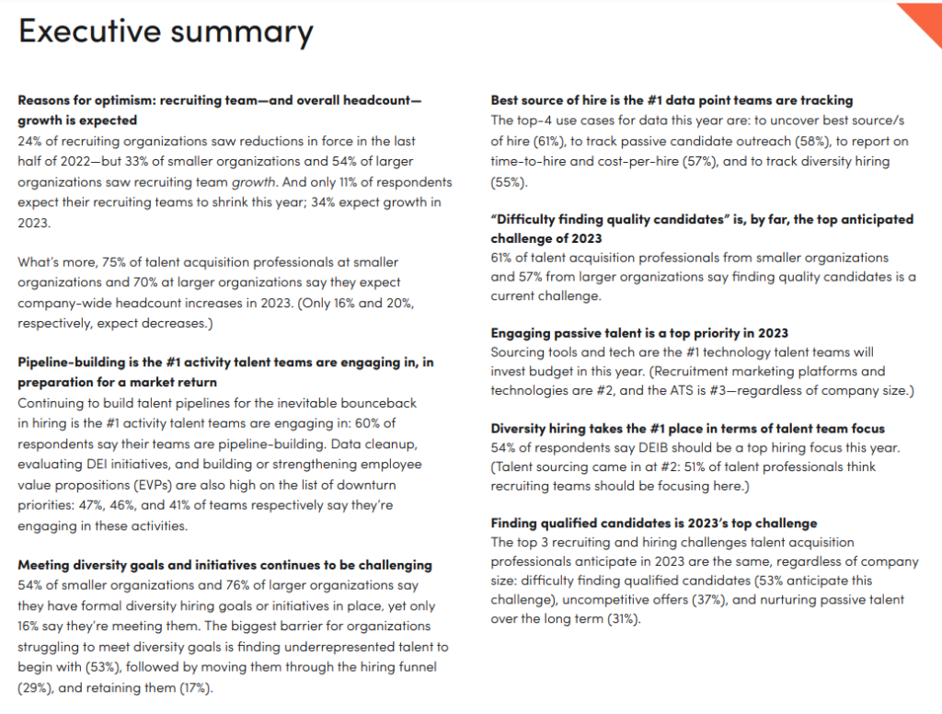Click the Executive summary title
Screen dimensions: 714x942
pyautogui.click(x=166, y=32)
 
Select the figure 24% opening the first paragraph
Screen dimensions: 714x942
pyautogui.click(x=31, y=141)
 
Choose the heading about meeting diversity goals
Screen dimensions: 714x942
pyautogui.click(x=224, y=565)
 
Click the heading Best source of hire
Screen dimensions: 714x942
pyautogui.click(x=672, y=100)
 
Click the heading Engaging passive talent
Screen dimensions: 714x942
pyautogui.click(x=639, y=332)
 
